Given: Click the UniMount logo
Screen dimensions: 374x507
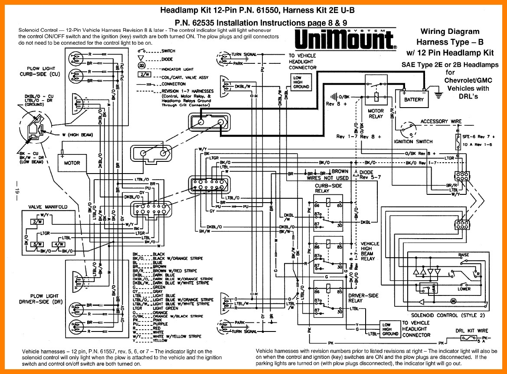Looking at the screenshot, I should (345, 39).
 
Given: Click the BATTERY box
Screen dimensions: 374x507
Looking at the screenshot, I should (413, 99).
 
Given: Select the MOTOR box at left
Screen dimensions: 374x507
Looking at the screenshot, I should (72, 163).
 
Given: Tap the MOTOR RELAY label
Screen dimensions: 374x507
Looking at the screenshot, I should (376, 114).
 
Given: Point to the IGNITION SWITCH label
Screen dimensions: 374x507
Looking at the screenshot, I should (413, 141).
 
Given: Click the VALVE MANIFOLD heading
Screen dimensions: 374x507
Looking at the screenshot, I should (47, 207).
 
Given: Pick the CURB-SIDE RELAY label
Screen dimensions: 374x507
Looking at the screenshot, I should (328, 188).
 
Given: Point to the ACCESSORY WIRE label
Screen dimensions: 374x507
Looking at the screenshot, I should (441, 121).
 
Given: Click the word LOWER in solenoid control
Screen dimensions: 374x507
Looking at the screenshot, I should (464, 289).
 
